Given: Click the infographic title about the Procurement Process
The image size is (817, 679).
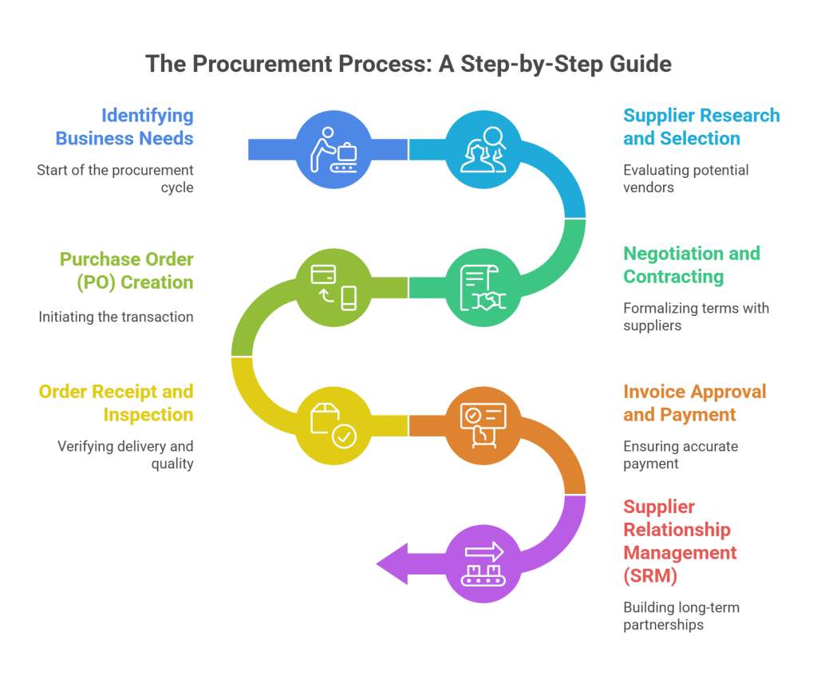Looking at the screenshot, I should coord(408,64).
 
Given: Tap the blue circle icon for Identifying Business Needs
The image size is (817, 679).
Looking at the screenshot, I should coord(334,149).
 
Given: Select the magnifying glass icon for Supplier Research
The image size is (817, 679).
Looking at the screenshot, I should coord(483,149).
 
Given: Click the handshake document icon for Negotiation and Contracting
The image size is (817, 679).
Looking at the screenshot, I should coord(483,287).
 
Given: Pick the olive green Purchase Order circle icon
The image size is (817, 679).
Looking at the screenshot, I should coord(334,287).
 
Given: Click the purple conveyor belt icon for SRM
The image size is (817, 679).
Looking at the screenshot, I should coord(483,563).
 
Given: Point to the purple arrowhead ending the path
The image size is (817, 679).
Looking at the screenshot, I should coord(393,564).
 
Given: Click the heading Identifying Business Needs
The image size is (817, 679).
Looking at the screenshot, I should coord(124,127).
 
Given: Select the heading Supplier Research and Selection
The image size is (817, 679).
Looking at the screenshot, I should coord(701,127).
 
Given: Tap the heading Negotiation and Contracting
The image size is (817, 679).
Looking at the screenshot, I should coord(691,265).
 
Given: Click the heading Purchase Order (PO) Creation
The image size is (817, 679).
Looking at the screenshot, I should coord(126,270).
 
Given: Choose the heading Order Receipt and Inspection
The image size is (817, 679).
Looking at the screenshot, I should coord(116,403).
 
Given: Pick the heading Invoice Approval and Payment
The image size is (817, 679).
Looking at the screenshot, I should coord(694,403).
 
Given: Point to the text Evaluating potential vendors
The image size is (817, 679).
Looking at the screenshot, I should coord(685,179).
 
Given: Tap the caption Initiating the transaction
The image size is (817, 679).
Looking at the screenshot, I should coord(116,317).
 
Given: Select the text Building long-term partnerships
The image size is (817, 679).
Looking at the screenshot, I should coord(681,616).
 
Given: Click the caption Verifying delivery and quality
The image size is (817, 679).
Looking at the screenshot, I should coord(125,455).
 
